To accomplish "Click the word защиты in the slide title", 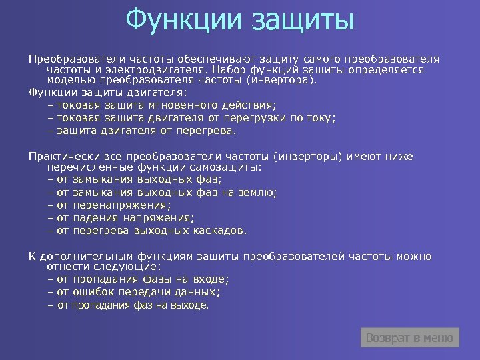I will point(303,20).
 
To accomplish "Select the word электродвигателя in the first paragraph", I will point(154,69).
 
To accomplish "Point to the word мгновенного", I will point(189,105).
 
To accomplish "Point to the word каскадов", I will point(221,231).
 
